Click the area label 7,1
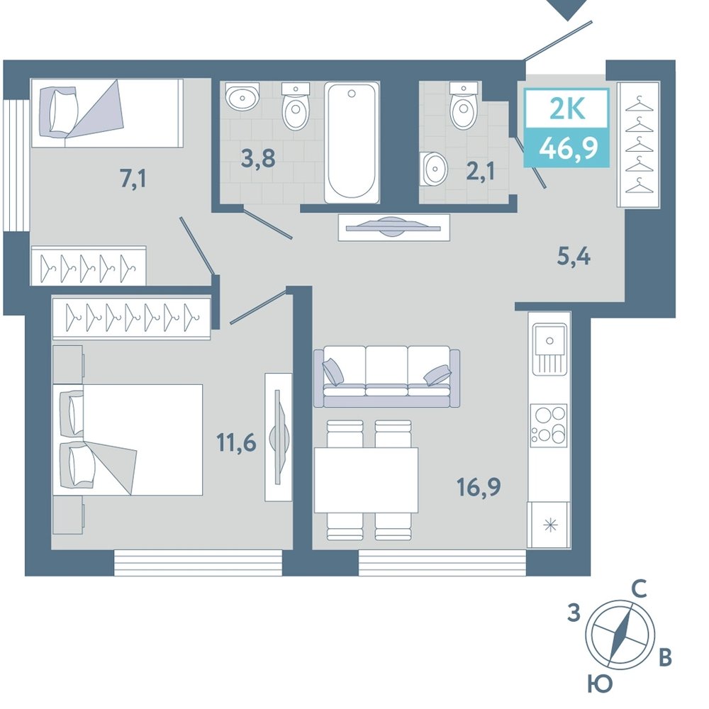133,179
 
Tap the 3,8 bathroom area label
258,158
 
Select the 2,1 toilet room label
480,172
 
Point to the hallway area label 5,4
574,257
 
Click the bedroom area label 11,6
237,442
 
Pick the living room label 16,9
479,487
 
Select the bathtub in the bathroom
352,143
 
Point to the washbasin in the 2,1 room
433,169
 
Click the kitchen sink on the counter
549,349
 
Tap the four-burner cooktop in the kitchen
549,425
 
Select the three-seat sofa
386,377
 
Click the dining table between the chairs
366,480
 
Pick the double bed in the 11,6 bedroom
128,440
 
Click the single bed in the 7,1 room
107,113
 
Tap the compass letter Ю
600,684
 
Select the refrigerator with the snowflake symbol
549,525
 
